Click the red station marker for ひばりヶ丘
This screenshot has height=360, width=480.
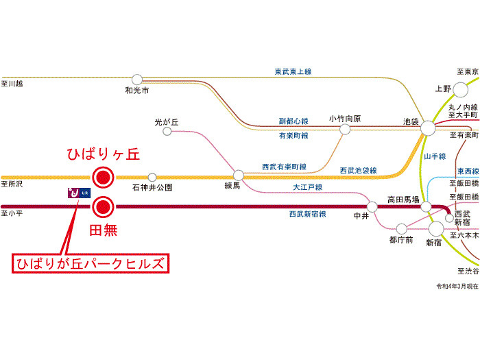(x=103, y=178)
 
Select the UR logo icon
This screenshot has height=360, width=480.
(x=78, y=193)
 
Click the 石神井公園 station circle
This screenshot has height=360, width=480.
(x=152, y=177)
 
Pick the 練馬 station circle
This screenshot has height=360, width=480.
(x=239, y=175)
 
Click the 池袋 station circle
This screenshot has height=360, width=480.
(x=428, y=128)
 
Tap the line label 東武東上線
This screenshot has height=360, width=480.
(x=293, y=71)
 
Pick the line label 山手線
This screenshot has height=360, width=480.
(x=435, y=156)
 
